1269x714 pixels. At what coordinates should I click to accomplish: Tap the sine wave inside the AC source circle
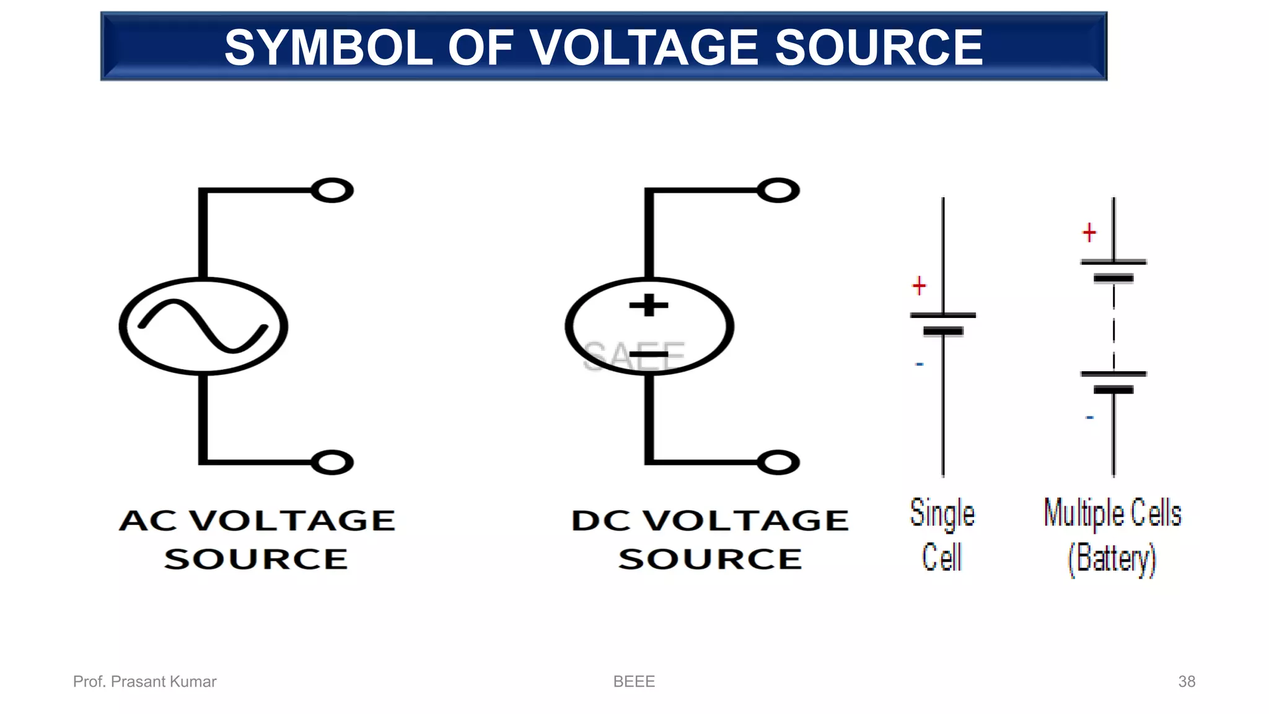tap(203, 326)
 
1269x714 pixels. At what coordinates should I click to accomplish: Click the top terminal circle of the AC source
tap(332, 190)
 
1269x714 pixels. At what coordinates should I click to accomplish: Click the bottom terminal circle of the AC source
tap(332, 462)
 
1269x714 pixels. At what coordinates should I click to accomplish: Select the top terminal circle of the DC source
tap(778, 190)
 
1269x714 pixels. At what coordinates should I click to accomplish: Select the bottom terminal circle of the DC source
tap(778, 462)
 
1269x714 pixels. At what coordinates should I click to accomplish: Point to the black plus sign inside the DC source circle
tap(649, 305)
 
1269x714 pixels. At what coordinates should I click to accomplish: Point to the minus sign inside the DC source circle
tap(649, 355)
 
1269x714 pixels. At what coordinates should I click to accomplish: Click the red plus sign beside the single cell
tap(919, 286)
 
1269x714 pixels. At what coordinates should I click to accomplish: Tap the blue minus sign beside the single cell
tap(920, 364)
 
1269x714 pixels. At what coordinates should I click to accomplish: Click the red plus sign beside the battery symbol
tap(1089, 233)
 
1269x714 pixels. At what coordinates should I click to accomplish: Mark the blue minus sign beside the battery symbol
tap(1089, 418)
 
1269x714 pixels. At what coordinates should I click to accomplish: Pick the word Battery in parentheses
tap(1113, 558)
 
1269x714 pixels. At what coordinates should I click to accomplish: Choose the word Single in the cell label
tap(942, 514)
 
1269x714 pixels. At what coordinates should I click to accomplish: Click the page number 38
tap(1186, 681)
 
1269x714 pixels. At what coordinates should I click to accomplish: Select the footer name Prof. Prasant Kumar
tap(144, 681)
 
